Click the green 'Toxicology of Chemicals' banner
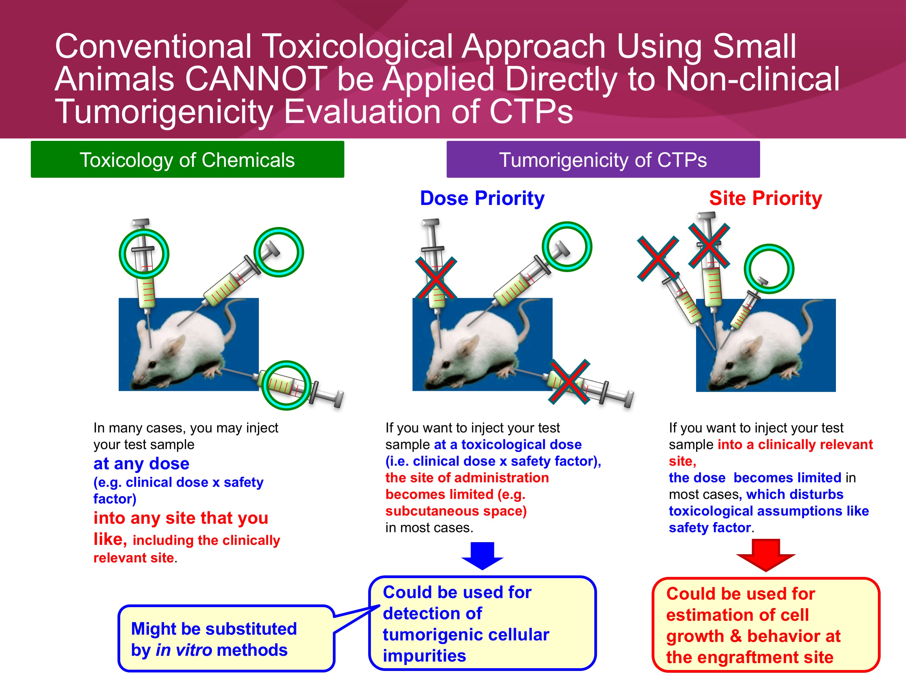click(187, 159)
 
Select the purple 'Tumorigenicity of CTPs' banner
click(603, 159)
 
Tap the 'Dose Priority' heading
click(482, 198)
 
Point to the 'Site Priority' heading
click(766, 198)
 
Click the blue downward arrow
click(482, 556)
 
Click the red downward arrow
click(766, 555)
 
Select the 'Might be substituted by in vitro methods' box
click(226, 639)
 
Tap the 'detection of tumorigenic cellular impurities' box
click(482, 623)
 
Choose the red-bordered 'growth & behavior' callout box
click(766, 625)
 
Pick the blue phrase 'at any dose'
click(141, 464)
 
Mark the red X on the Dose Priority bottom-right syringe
click(569, 382)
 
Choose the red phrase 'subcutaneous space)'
click(456, 511)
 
